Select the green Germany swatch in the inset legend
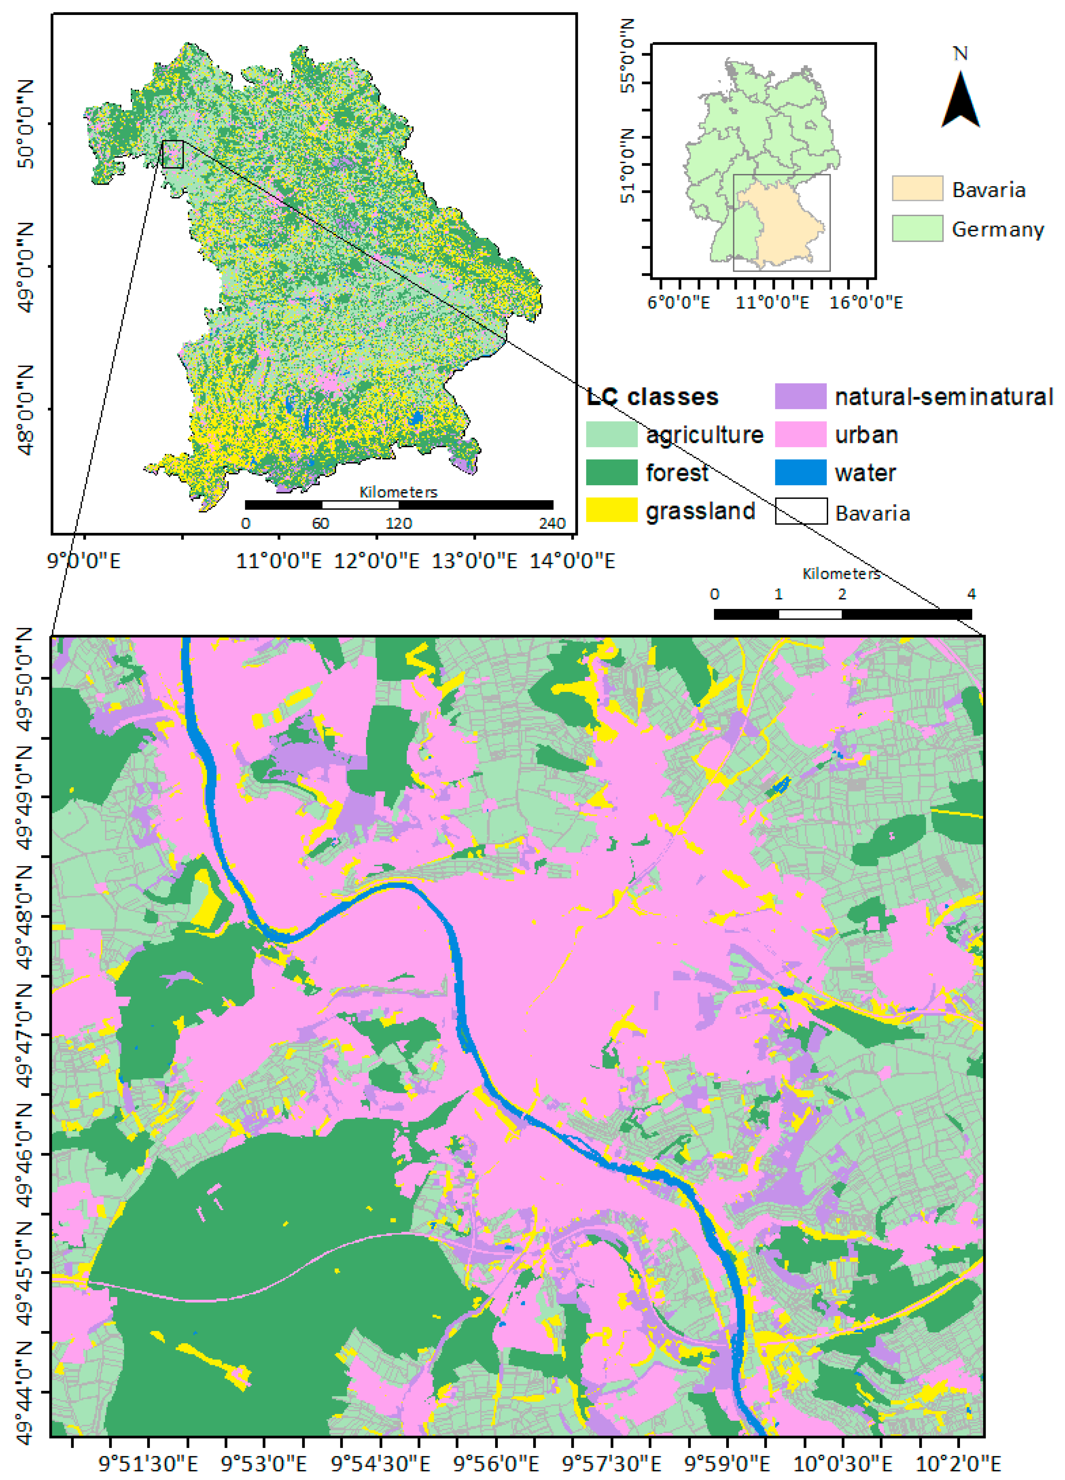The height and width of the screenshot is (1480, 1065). [x=917, y=228]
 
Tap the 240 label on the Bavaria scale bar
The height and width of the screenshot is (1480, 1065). [x=552, y=523]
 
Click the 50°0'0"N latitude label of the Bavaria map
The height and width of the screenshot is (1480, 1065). [x=26, y=124]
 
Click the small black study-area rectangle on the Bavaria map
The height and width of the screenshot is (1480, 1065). [x=173, y=154]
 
